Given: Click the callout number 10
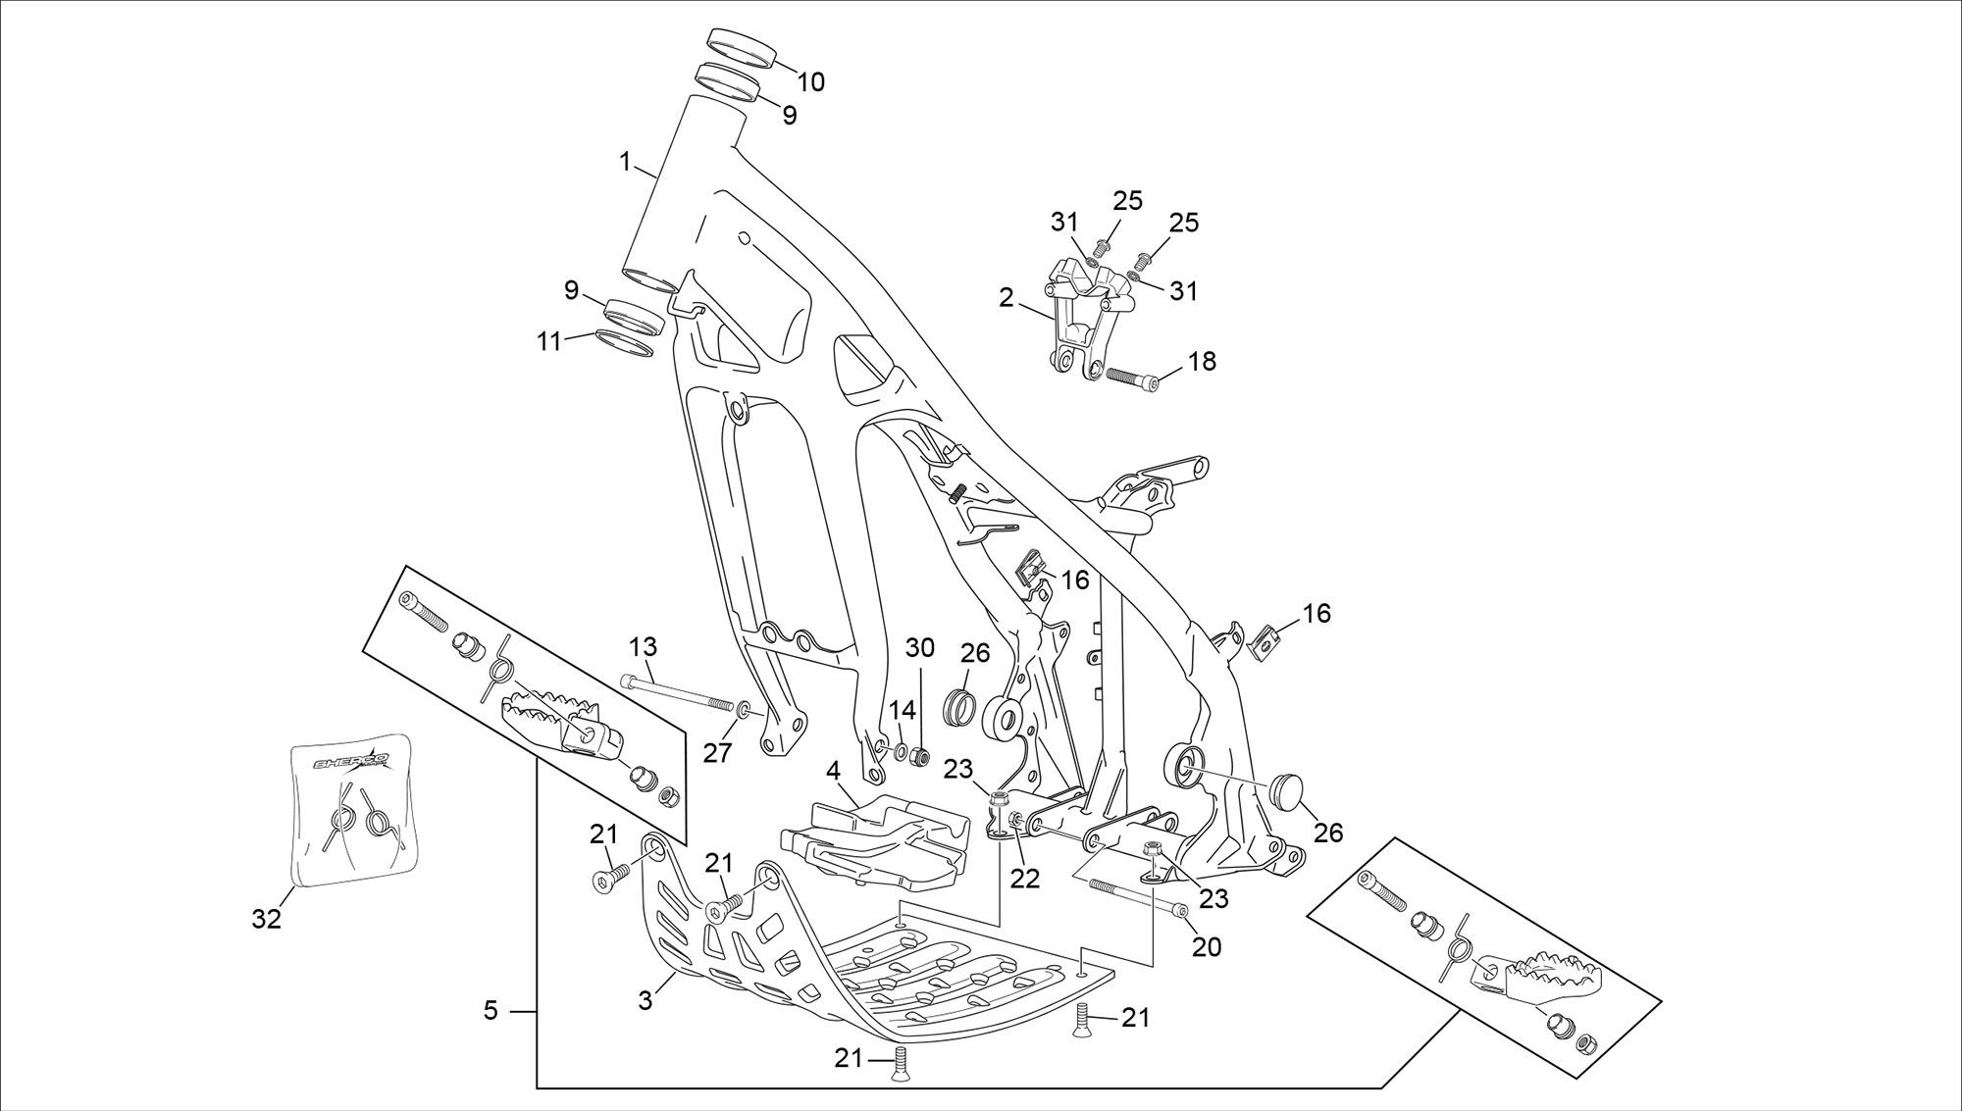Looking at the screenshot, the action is [x=810, y=81].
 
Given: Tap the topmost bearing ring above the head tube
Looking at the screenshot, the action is [x=740, y=45].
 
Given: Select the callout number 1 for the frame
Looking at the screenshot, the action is [x=625, y=162].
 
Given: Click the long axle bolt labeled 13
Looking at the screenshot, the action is [x=678, y=691].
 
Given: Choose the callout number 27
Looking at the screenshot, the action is [x=718, y=753].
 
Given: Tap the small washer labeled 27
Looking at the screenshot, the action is [x=744, y=709].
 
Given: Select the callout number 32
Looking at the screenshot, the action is [x=267, y=919].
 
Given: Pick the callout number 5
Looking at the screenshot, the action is [x=491, y=1009].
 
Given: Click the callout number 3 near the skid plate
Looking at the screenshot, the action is [x=645, y=1000].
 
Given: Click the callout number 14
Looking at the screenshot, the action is [x=902, y=710].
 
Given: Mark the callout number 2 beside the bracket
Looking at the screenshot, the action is [x=1007, y=297].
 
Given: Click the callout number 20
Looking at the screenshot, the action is [x=1208, y=948].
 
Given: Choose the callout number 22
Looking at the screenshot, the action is [x=1025, y=879].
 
